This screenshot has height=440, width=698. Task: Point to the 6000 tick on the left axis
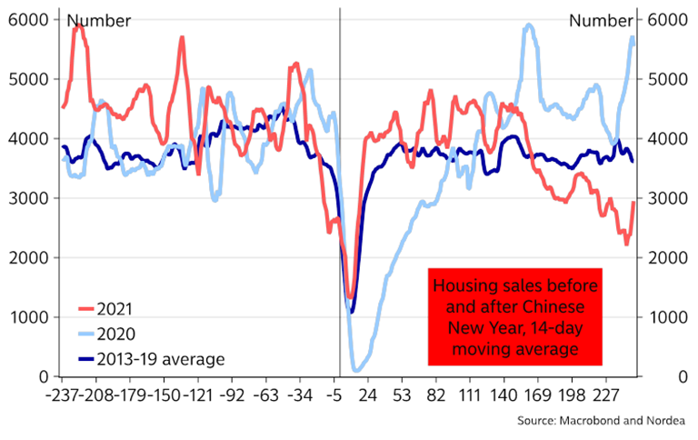click(x=21, y=19)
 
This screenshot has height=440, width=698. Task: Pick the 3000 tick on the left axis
click(x=21, y=198)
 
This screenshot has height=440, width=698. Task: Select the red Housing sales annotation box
click(x=515, y=316)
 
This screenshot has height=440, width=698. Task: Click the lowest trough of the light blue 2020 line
click(x=355, y=369)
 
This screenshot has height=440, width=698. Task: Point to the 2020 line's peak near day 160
click(x=529, y=25)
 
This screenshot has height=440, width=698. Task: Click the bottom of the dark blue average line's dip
click(x=352, y=312)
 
